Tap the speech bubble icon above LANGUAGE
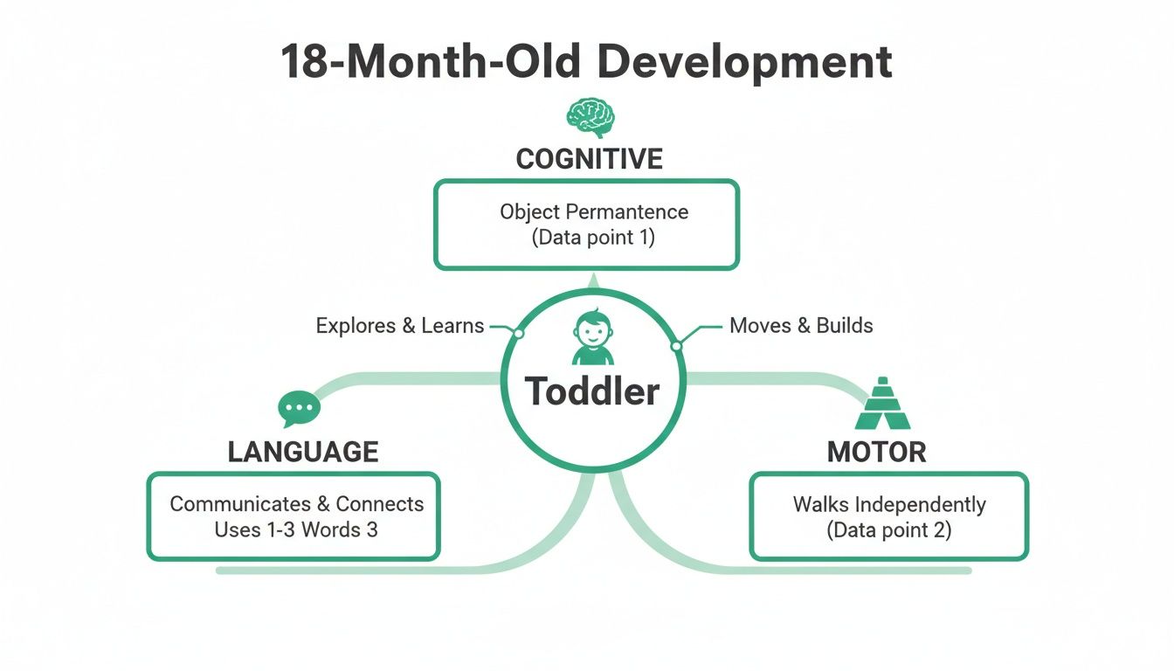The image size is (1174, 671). (299, 408)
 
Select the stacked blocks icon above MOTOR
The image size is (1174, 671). (881, 405)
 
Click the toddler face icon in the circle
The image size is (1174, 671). (592, 336)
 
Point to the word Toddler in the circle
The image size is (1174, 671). (592, 391)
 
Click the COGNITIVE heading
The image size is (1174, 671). (590, 159)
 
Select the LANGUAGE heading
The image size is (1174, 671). (303, 452)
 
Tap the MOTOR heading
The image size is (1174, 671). (876, 452)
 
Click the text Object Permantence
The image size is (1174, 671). (594, 211)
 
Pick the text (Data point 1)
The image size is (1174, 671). (593, 237)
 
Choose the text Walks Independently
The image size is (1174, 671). (889, 504)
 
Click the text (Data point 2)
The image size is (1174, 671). (889, 529)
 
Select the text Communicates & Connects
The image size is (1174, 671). (297, 504)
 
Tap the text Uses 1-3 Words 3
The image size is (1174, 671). (296, 529)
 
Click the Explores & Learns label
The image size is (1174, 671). (399, 326)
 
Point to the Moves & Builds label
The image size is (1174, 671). (801, 326)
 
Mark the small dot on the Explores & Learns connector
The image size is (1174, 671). (518, 334)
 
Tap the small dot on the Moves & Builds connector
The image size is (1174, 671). (675, 346)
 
